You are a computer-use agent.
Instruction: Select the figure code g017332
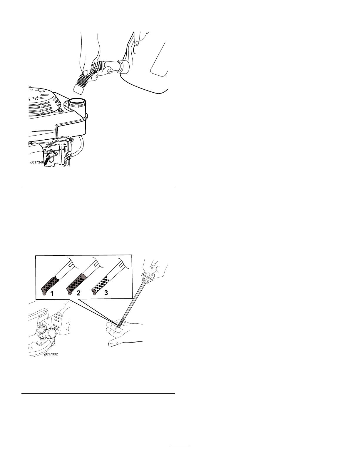51,355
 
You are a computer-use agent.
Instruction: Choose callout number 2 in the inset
79,293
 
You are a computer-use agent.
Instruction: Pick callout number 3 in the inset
106,293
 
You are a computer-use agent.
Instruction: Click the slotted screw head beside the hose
69,157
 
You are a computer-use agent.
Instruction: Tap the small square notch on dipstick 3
121,265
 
